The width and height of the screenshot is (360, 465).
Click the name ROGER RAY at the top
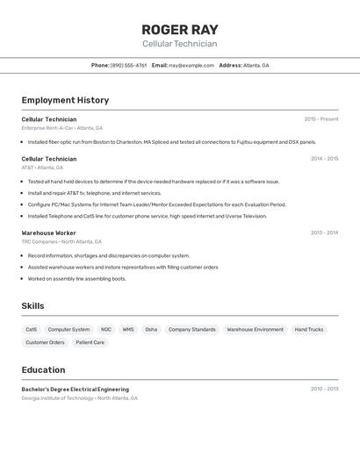180,30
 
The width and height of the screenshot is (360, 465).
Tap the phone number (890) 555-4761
129,65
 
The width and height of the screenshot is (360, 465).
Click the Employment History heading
65,100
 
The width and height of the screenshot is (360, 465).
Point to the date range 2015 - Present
320,119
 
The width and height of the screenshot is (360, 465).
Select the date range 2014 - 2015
324,159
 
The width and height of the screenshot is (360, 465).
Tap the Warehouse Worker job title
49,232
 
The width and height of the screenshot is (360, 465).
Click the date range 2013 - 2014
324,232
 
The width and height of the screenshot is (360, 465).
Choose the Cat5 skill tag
32,329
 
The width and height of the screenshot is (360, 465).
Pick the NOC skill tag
106,329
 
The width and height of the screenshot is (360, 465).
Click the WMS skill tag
128,329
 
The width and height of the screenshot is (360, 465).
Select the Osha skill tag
151,329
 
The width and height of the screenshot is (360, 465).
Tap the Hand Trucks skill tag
308,329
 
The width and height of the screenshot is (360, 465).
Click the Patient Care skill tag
90,342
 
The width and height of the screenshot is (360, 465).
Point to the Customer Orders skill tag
45,342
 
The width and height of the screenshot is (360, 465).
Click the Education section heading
43,369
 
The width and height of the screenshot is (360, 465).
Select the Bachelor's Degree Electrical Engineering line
76,389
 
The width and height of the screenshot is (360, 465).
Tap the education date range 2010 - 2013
324,389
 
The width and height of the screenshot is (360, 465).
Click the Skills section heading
33,305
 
